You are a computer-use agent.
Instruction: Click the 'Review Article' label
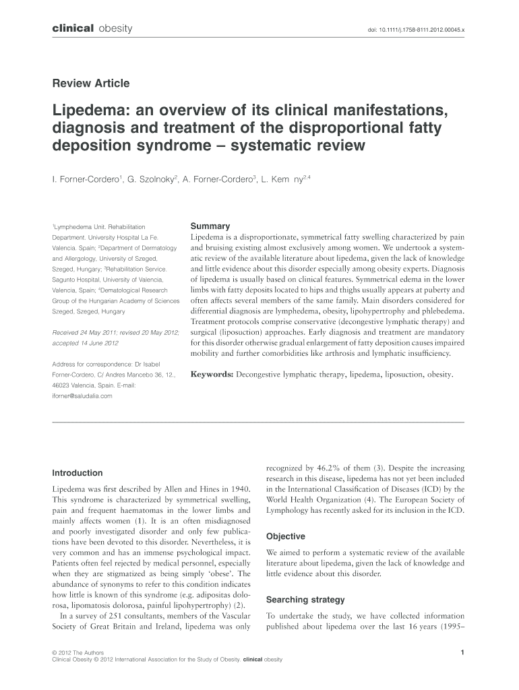coord(91,84)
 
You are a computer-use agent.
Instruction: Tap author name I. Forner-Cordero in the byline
coord(86,180)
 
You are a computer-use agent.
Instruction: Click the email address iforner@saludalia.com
coord(82,396)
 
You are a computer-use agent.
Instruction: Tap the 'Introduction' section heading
coord(78,473)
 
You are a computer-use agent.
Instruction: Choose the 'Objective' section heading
coord(286,536)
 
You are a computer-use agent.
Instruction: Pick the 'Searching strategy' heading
coord(305,600)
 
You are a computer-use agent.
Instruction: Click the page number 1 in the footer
coord(462,652)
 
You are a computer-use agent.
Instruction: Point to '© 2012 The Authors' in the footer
coord(75,652)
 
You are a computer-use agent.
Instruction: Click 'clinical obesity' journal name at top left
coord(87,28)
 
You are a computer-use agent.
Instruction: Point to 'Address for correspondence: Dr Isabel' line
coord(104,365)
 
